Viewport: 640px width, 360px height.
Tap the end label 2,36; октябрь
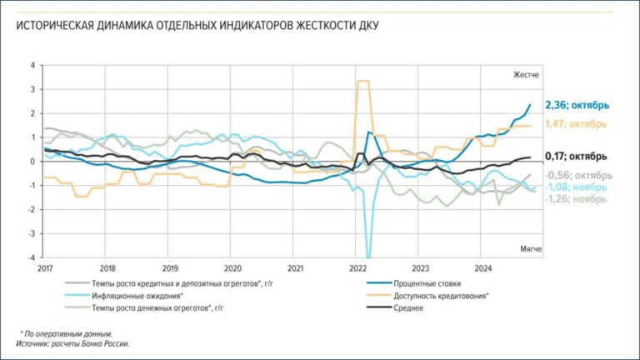pos(577,105)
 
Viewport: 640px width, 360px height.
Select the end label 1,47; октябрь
pos(577,124)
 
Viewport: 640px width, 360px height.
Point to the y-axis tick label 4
pos(32,65)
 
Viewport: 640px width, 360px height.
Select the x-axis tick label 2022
pos(358,268)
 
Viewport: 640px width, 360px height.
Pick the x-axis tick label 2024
pos(483,268)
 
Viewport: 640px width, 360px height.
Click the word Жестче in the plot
pos(525,75)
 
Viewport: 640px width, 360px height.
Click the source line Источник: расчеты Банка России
pos(74,342)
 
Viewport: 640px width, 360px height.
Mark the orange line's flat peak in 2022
pos(362,81)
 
